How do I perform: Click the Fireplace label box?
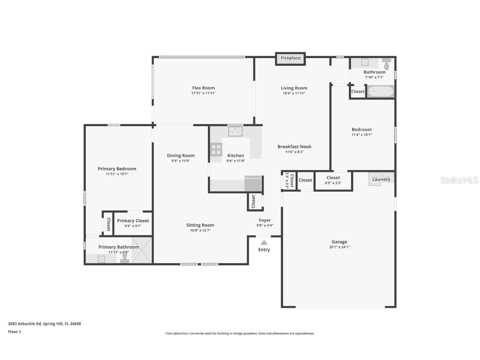290,58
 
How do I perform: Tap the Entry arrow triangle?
264,242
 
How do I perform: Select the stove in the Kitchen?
216,149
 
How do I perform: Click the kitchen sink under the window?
235,132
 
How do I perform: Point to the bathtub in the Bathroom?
380,91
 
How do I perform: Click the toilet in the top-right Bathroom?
387,64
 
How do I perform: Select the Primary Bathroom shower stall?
142,250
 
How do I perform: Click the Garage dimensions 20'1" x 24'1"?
339,247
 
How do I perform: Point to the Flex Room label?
203,88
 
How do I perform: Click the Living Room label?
294,88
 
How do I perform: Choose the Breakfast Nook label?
294,147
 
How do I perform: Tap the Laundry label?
381,180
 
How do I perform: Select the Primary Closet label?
133,221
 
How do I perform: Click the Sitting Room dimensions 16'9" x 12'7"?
200,230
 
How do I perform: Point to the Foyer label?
265,220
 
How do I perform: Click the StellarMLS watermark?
459,180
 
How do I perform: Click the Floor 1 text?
14,332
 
